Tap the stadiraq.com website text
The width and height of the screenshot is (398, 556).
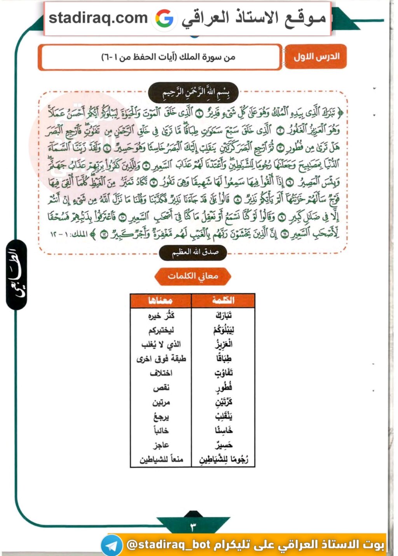click(x=98, y=18)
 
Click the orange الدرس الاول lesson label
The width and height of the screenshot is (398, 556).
click(x=316, y=57)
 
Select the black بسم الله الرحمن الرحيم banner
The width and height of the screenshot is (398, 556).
click(x=193, y=93)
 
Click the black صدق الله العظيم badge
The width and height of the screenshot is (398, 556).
click(x=193, y=252)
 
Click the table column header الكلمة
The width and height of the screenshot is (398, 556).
click(x=223, y=300)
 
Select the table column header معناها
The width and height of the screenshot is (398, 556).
click(x=160, y=300)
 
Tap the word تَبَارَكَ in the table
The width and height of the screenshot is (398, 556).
click(x=223, y=315)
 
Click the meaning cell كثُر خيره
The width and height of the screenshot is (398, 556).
click(x=161, y=315)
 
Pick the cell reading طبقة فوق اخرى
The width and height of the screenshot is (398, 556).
click(x=161, y=359)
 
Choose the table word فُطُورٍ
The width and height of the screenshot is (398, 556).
click(x=224, y=387)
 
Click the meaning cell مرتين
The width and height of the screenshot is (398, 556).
click(x=161, y=402)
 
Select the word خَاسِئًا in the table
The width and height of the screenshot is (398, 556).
click(x=224, y=431)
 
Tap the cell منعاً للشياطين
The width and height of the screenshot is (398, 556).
click(x=161, y=460)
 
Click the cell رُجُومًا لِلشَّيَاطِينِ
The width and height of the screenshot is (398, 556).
click(x=223, y=460)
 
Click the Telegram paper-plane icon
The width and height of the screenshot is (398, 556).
click(x=112, y=545)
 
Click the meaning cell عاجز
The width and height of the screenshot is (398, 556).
click(x=161, y=445)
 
